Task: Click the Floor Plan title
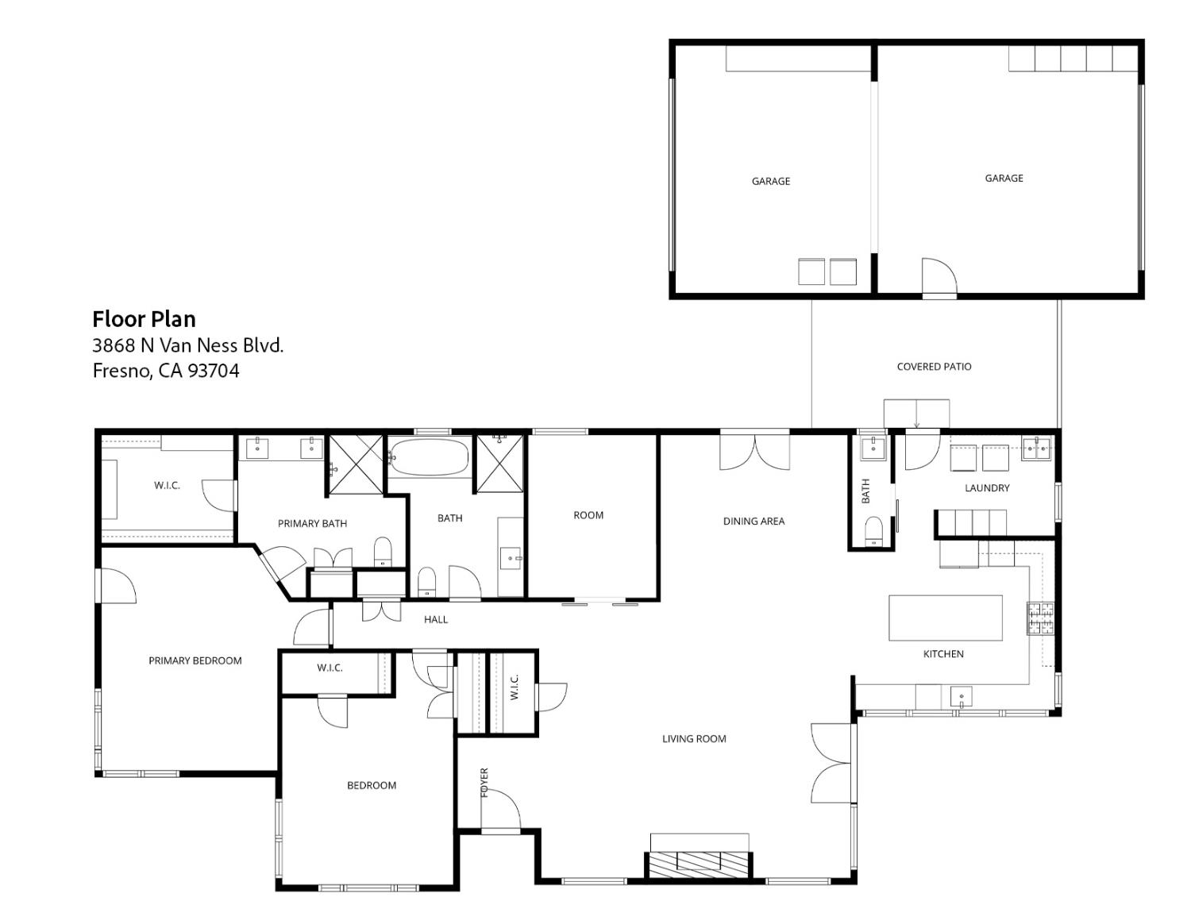tap(144, 319)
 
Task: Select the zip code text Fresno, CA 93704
tap(166, 371)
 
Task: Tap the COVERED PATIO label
tap(934, 367)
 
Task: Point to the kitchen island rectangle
tap(945, 618)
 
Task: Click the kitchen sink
tap(961, 698)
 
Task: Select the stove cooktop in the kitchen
tap(1040, 618)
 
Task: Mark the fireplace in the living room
tap(700, 861)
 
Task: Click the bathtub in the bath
tap(430, 457)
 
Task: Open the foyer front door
tap(501, 811)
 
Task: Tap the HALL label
tap(435, 619)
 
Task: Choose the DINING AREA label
tap(754, 522)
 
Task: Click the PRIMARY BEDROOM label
tap(195, 660)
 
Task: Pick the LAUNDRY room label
tap(987, 488)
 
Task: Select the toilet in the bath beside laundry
tap(873, 530)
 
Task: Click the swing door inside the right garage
tap(939, 278)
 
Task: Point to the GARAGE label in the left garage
tap(770, 181)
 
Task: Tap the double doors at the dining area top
tap(754, 451)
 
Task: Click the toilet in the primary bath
tap(383, 552)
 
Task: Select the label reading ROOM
tap(588, 515)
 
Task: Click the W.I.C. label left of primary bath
tap(167, 485)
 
